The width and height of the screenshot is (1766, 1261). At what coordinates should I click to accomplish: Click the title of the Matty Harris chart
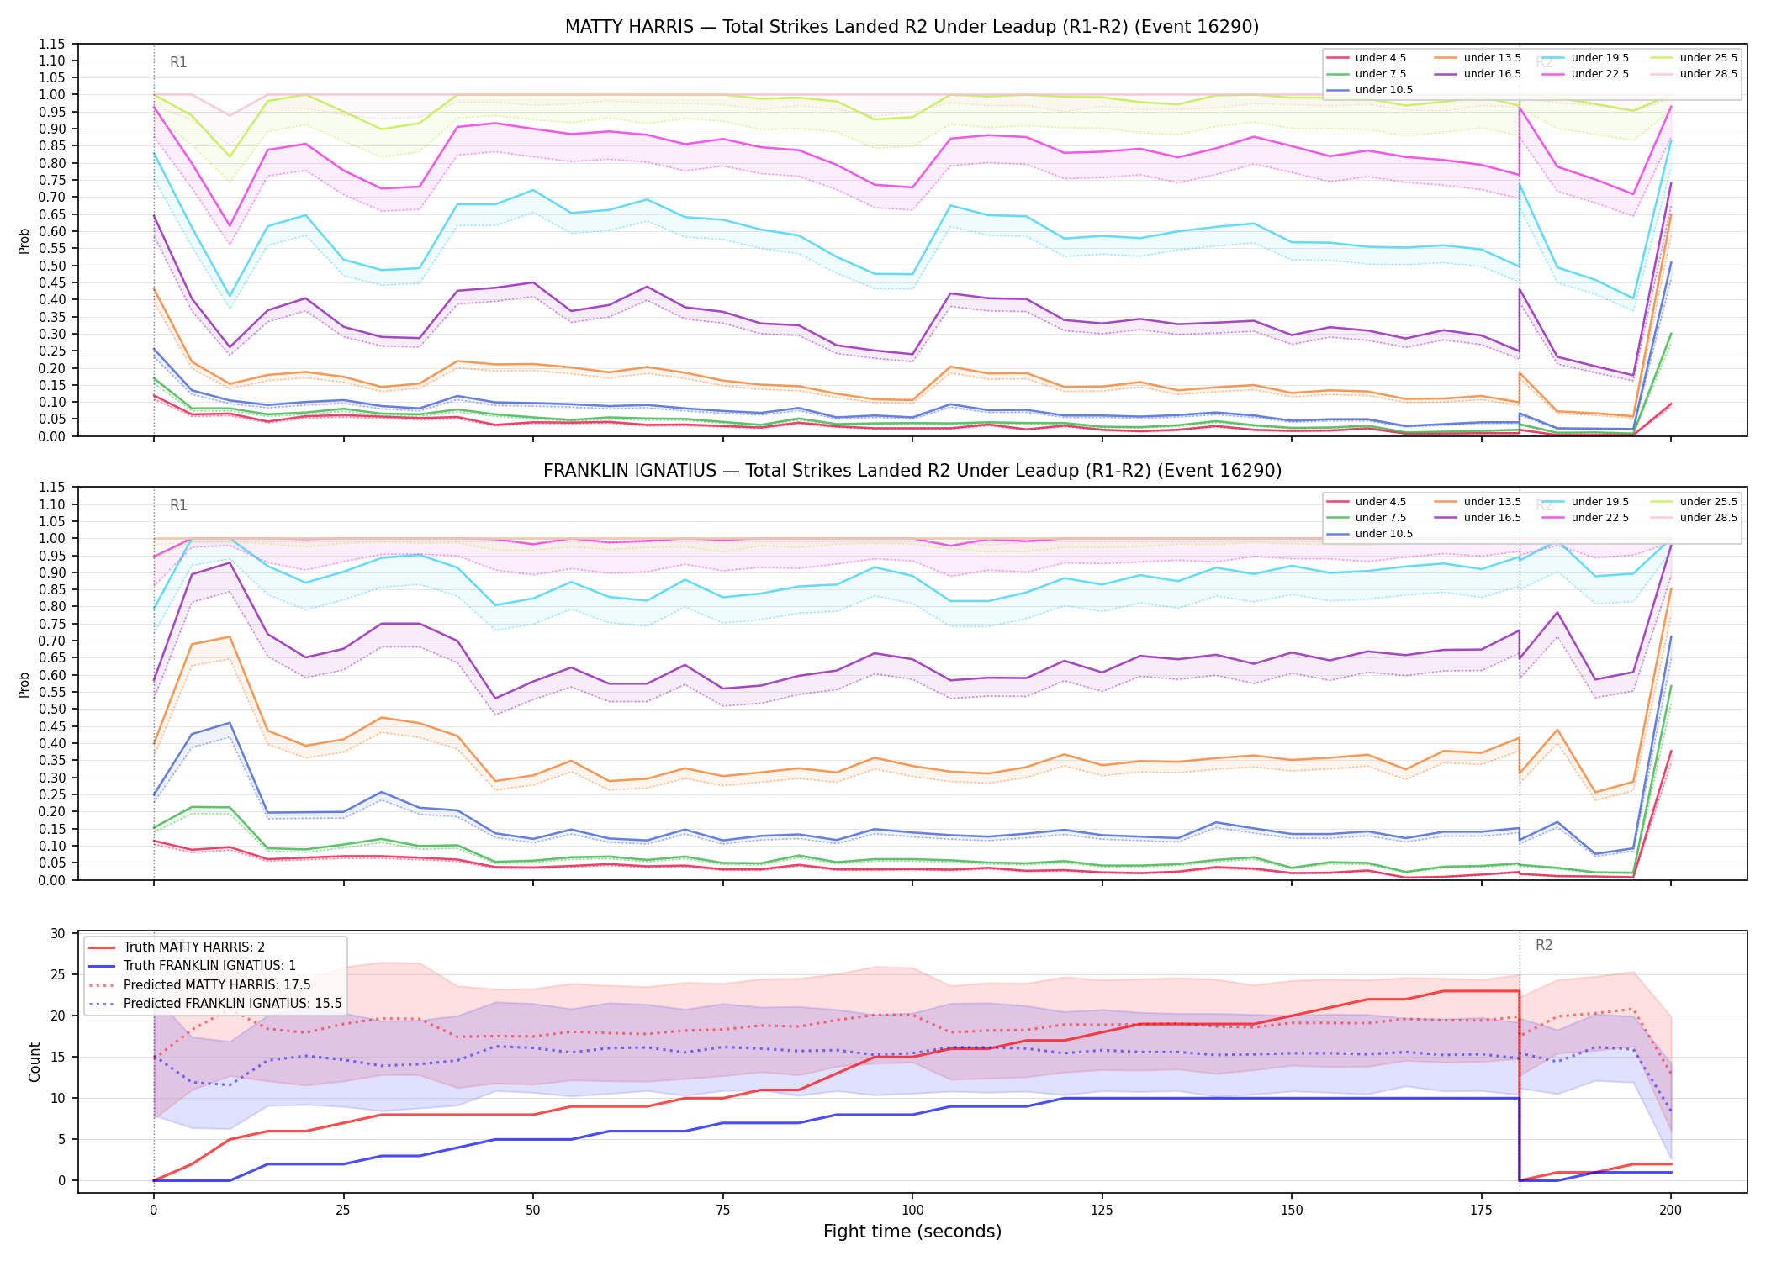(912, 27)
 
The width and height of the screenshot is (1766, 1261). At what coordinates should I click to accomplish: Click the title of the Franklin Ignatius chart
(912, 471)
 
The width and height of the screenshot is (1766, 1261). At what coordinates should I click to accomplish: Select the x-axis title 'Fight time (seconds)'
(912, 1232)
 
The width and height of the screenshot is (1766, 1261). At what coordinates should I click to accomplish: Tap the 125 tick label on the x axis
(1102, 1211)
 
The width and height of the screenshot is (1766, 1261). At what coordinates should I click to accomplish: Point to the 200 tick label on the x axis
(1670, 1211)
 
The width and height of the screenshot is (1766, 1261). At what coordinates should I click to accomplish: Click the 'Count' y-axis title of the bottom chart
(34, 1062)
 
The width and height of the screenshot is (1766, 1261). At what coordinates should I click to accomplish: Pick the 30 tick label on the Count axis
(58, 933)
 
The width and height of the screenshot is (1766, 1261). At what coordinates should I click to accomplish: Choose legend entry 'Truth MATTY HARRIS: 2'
(194, 947)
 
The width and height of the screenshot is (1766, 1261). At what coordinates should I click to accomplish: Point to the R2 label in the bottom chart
(1544, 945)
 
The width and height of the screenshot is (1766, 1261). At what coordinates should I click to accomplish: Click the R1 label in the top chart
(178, 62)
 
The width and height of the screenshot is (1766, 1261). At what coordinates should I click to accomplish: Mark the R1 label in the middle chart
(178, 505)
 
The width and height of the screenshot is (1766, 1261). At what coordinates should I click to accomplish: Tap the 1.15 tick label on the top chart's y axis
(52, 44)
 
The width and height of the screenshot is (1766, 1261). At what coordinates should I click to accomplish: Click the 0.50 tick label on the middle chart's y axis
(52, 709)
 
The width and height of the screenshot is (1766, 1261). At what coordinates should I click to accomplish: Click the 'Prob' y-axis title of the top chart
(24, 240)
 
